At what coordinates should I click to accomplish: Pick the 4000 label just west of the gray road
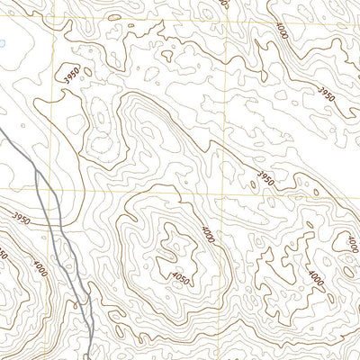click(x=40, y=268)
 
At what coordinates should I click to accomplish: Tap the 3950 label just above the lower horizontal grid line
click(x=265, y=177)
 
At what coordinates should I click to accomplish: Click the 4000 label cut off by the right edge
click(x=350, y=243)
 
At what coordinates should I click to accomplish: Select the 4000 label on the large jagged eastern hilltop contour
click(x=312, y=276)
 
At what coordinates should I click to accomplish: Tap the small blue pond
click(x=3, y=42)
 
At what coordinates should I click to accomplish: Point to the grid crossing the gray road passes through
click(x=52, y=192)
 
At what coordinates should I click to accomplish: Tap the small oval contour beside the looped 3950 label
click(x=98, y=117)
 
